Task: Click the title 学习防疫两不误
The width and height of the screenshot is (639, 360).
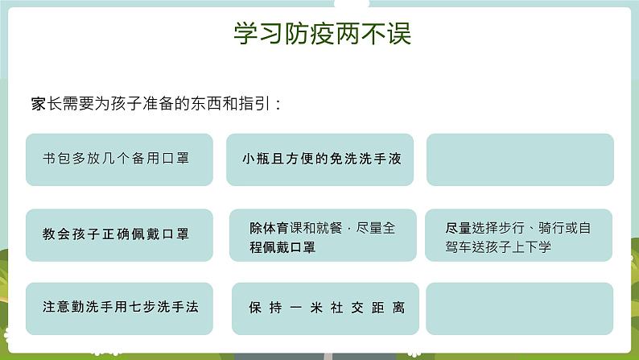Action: click(x=322, y=35)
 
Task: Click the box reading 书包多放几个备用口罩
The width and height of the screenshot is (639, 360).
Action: click(x=119, y=159)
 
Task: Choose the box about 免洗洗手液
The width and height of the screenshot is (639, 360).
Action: click(x=322, y=159)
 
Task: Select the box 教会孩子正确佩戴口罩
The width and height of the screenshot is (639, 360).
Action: click(x=119, y=235)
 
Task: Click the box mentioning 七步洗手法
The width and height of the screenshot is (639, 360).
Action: click(x=119, y=308)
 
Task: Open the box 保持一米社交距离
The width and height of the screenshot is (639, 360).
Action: click(x=325, y=308)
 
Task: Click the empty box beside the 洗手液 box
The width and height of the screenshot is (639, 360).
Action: click(x=519, y=159)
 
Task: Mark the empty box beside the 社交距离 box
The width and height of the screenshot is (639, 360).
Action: click(x=519, y=308)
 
